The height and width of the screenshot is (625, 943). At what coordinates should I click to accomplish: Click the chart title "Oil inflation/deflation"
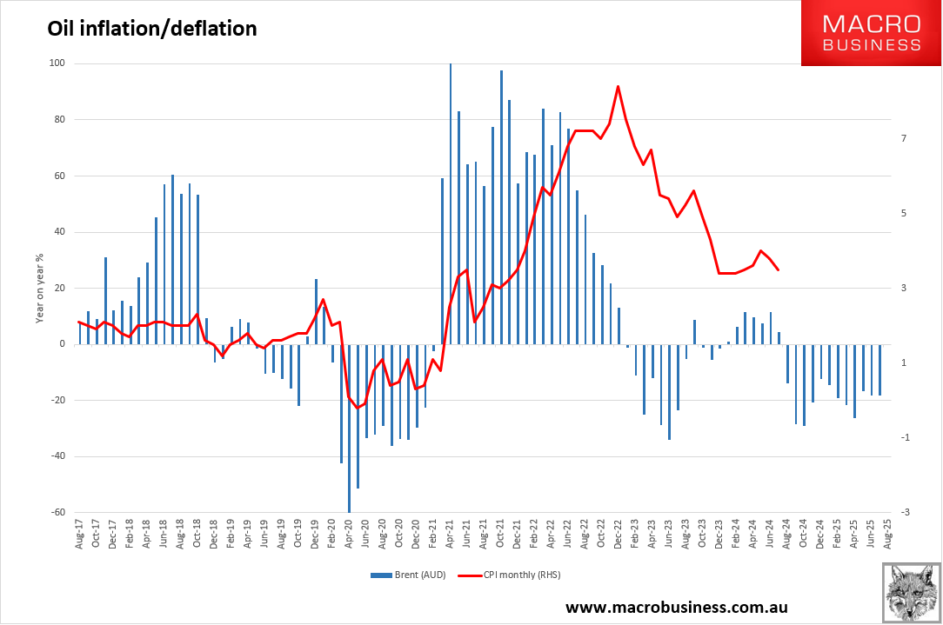[151, 29]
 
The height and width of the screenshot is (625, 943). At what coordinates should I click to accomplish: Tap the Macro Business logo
[871, 33]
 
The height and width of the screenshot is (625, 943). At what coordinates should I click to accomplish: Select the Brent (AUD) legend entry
[408, 575]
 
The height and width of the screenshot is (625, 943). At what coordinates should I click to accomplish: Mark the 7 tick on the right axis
[904, 139]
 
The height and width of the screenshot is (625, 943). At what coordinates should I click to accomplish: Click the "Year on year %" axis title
[40, 289]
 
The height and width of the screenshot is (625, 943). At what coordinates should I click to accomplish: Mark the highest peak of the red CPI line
[618, 86]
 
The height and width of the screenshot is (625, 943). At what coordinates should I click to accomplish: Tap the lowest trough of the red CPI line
[357, 408]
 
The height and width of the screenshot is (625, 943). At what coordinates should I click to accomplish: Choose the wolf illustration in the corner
[911, 592]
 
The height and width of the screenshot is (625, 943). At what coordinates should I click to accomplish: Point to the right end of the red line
[778, 270]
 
